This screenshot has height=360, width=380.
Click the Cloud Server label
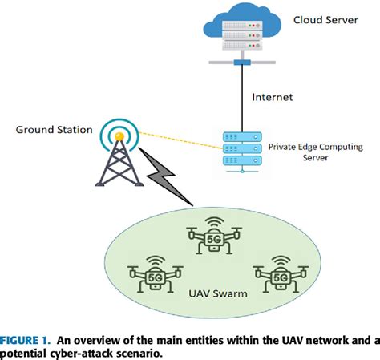(325, 19)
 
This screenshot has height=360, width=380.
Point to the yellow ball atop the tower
(118, 137)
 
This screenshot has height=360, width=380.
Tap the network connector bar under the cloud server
(237, 63)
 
